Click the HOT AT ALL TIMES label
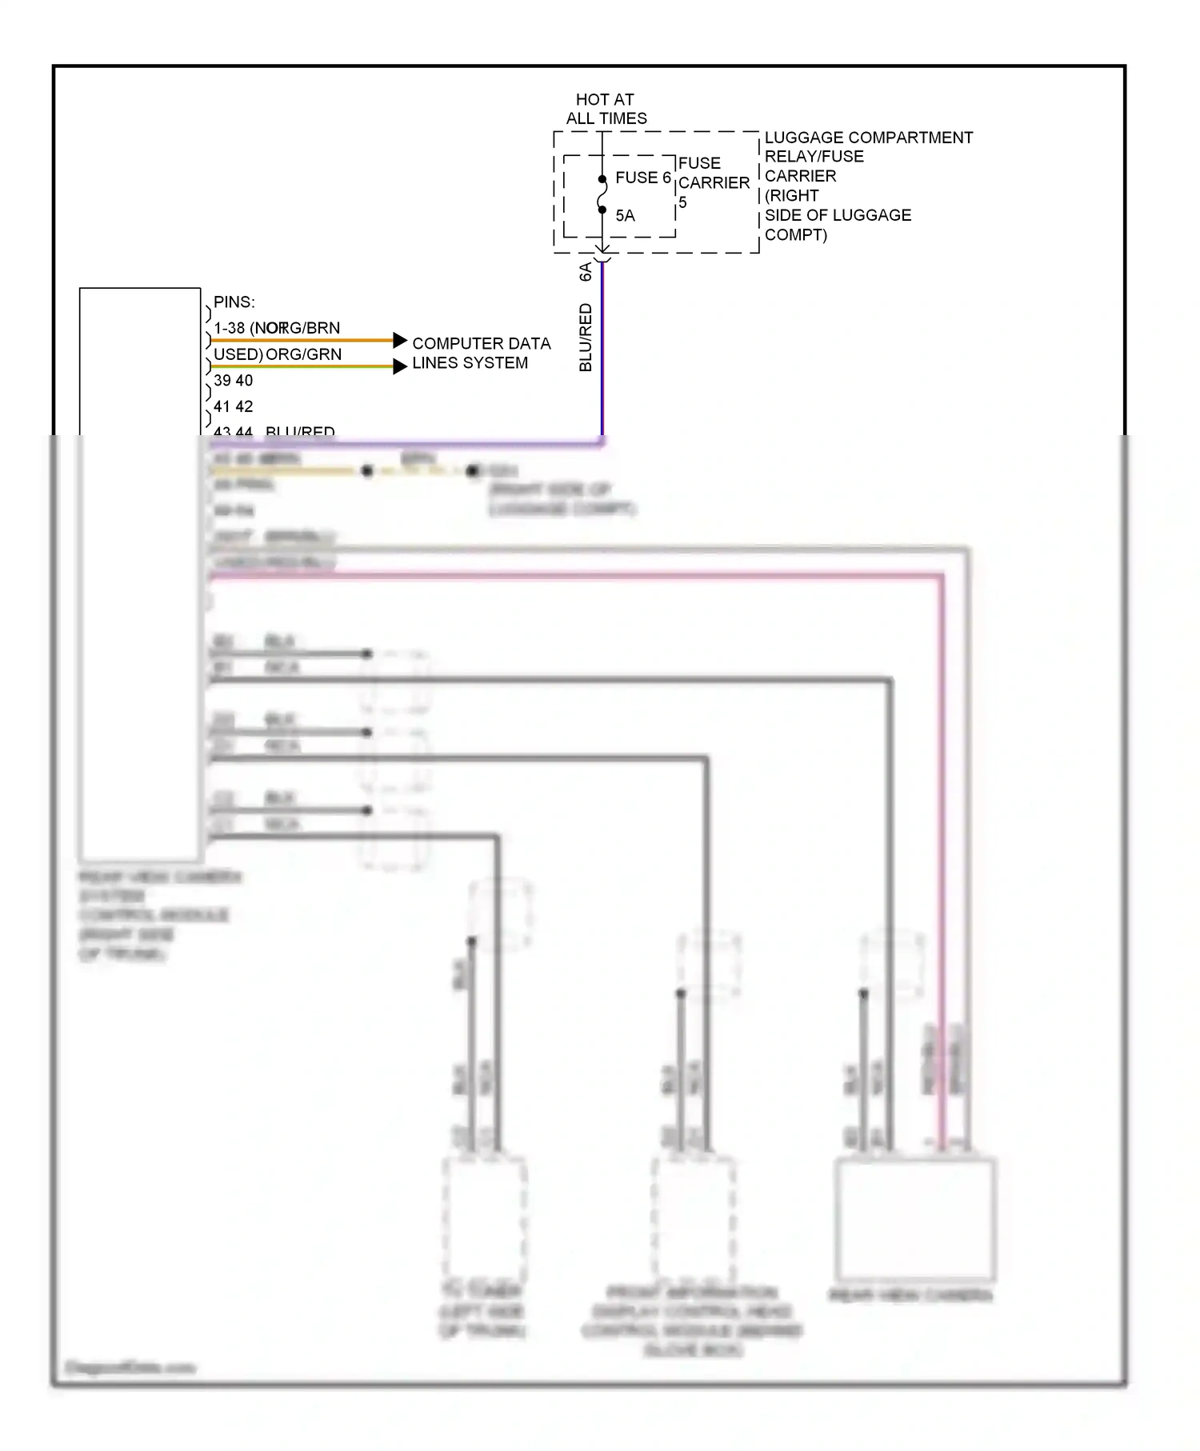tap(606, 109)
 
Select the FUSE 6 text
tap(642, 178)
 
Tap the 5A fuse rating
tap(625, 216)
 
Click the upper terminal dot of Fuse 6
tap(602, 179)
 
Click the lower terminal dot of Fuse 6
tap(602, 210)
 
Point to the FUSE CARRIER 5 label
tap(713, 182)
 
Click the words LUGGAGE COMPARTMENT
tap(868, 138)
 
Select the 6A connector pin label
tap(586, 272)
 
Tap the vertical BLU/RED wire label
tap(586, 338)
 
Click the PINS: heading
tap(234, 302)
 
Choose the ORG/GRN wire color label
tap(303, 354)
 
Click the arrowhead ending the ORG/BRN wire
tap(400, 341)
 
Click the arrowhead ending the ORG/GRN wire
tap(400, 367)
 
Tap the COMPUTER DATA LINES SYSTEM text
tap(480, 353)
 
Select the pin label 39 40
tap(233, 381)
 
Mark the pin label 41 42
tap(233, 406)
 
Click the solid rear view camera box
tap(914, 1219)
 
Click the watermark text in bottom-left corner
tap(130, 1367)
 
